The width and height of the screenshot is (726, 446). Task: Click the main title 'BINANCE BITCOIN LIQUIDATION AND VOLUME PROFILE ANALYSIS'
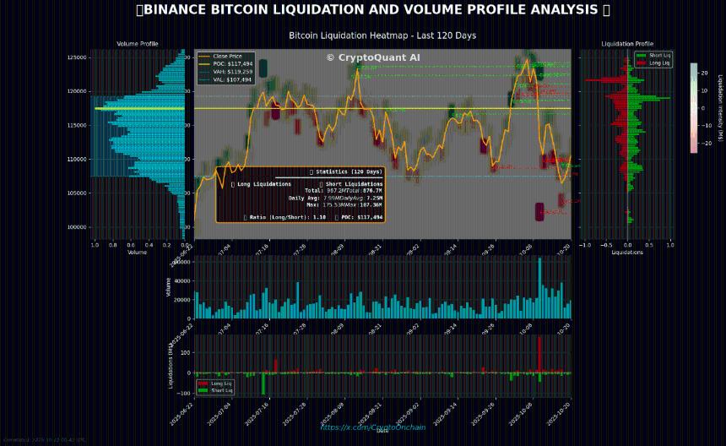point(372,10)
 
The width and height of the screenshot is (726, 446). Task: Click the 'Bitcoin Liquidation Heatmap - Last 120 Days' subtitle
point(382,35)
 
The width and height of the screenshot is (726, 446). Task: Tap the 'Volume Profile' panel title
point(137,44)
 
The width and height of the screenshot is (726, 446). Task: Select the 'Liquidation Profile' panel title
point(626,44)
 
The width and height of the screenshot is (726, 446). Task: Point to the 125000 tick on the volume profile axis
point(78,57)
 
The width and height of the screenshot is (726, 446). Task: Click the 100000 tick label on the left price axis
point(78,227)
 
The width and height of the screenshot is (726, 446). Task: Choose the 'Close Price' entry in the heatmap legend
point(228,56)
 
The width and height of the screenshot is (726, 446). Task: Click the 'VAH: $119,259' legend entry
point(233,72)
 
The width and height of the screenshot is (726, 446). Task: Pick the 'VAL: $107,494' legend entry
point(233,79)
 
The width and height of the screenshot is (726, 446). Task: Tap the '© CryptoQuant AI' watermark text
point(373,57)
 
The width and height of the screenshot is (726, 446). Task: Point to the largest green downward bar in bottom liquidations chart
point(263,383)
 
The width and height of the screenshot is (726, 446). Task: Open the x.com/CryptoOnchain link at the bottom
point(372,427)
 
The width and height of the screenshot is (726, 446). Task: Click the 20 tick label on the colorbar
point(704,73)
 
